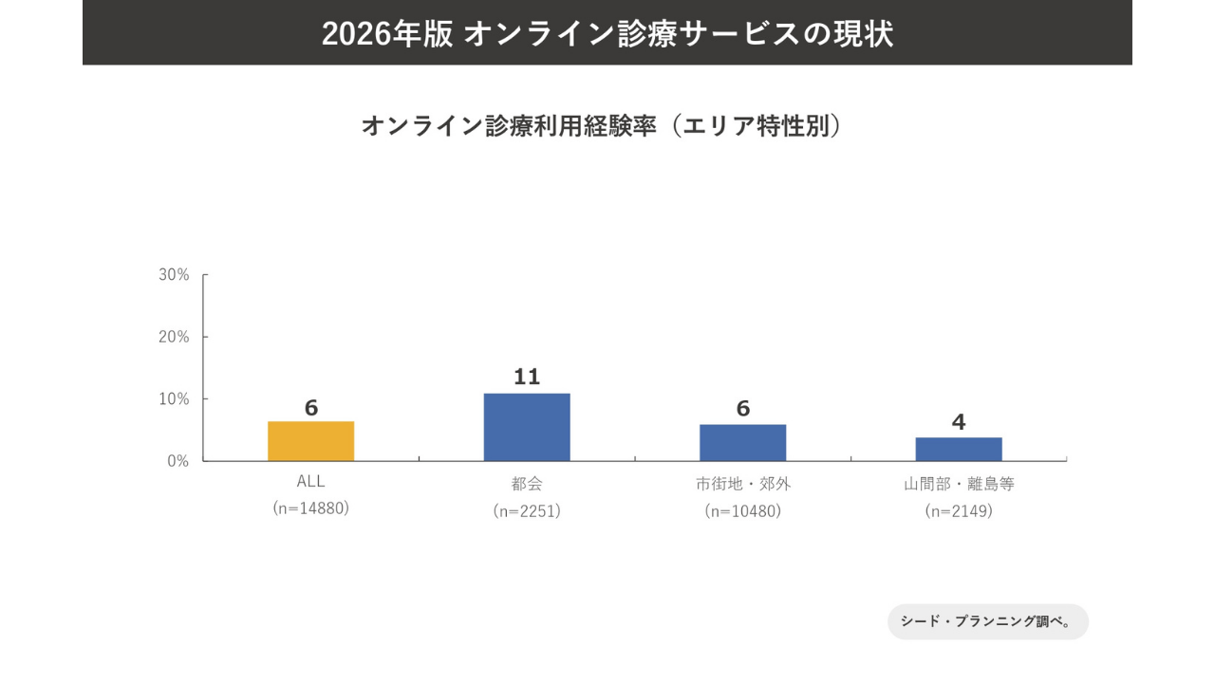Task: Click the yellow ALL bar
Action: point(311,441)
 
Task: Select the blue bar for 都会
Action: point(527,427)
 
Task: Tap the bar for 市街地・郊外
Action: point(742,442)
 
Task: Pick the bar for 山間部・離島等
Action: point(959,449)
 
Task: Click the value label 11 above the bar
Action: point(527,377)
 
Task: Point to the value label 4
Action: point(959,422)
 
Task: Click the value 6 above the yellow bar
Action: point(311,408)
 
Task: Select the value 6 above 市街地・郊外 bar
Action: point(742,408)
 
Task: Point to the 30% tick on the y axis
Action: point(175,275)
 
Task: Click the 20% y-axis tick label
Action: point(175,337)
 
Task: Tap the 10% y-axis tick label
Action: point(175,399)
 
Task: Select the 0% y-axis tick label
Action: point(178,461)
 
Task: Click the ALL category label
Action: point(311,482)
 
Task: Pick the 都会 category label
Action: point(527,484)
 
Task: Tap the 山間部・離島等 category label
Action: point(959,484)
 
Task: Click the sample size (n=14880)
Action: point(311,508)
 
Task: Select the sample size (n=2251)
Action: point(527,510)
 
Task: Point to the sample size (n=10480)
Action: point(742,510)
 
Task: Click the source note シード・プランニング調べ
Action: point(987,622)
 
